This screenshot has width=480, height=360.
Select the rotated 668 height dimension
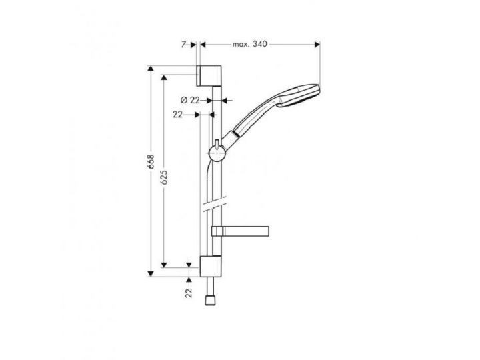click(x=151, y=161)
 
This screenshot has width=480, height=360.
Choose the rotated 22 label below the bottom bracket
click(x=189, y=291)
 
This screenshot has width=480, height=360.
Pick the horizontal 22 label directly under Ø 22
click(x=177, y=115)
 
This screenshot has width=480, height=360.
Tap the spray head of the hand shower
click(x=303, y=95)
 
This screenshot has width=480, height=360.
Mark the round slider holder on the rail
click(x=216, y=153)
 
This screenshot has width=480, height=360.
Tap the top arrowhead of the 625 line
click(x=164, y=76)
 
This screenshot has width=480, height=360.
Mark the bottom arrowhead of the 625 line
click(x=164, y=264)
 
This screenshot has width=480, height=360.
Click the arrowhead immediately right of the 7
click(x=195, y=45)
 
